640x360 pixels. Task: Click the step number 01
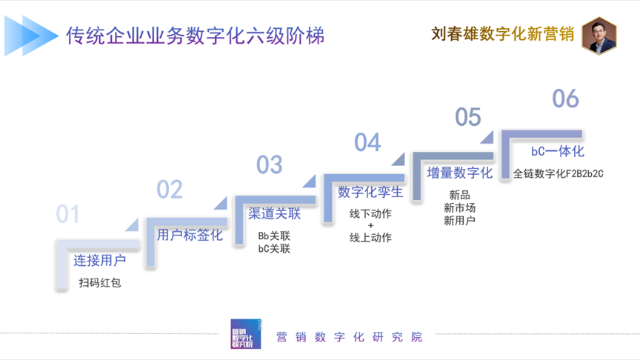click(67, 214)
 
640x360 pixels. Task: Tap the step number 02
click(169, 190)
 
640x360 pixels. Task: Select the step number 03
click(270, 164)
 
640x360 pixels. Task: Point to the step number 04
click(367, 142)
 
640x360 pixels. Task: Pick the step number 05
click(468, 117)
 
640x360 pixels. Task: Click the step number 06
click(566, 98)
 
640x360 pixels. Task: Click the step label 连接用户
click(99, 260)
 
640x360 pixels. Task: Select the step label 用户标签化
click(190, 236)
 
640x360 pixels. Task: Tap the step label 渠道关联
click(274, 214)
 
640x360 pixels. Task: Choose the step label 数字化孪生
click(370, 192)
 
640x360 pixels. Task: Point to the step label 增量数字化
click(459, 173)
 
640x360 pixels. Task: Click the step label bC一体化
click(558, 151)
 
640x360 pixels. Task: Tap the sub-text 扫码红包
click(99, 282)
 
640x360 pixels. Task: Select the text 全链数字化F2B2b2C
click(559, 173)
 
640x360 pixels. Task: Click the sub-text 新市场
click(459, 207)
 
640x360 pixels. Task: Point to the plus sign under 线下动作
click(370, 225)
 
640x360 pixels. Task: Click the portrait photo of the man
click(599, 35)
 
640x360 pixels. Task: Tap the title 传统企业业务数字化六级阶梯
click(195, 36)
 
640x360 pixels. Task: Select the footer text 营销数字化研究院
click(348, 337)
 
